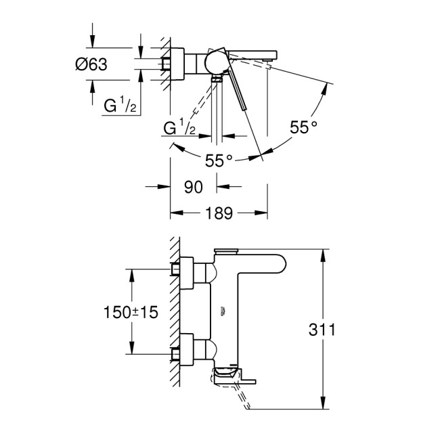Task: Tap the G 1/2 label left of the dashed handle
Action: [179, 127]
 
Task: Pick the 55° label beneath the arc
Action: [219, 160]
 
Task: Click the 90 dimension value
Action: [194, 187]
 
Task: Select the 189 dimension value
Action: [219, 213]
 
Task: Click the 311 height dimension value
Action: [322, 330]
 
